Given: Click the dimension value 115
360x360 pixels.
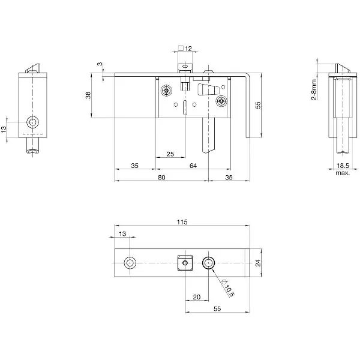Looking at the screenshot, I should pyautogui.click(x=182, y=222).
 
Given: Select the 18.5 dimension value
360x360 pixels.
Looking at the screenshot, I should pyautogui.click(x=342, y=166).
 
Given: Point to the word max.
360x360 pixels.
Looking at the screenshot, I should pyautogui.click(x=343, y=173).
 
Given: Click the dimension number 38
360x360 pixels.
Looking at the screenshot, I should pyautogui.click(x=88, y=95).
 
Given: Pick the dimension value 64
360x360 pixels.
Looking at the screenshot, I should pyautogui.click(x=193, y=166).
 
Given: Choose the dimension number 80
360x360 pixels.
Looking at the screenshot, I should pyautogui.click(x=161, y=178).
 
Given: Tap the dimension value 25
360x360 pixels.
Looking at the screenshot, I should pyautogui.click(x=170, y=154).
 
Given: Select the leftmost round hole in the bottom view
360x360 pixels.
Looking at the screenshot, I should pyautogui.click(x=130, y=263).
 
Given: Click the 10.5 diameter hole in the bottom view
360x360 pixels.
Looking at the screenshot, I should pyautogui.click(x=208, y=263).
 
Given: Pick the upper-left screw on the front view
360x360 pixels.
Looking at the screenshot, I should pyautogui.click(x=167, y=91).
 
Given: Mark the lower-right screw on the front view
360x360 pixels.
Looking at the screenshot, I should pyautogui.click(x=221, y=101).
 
